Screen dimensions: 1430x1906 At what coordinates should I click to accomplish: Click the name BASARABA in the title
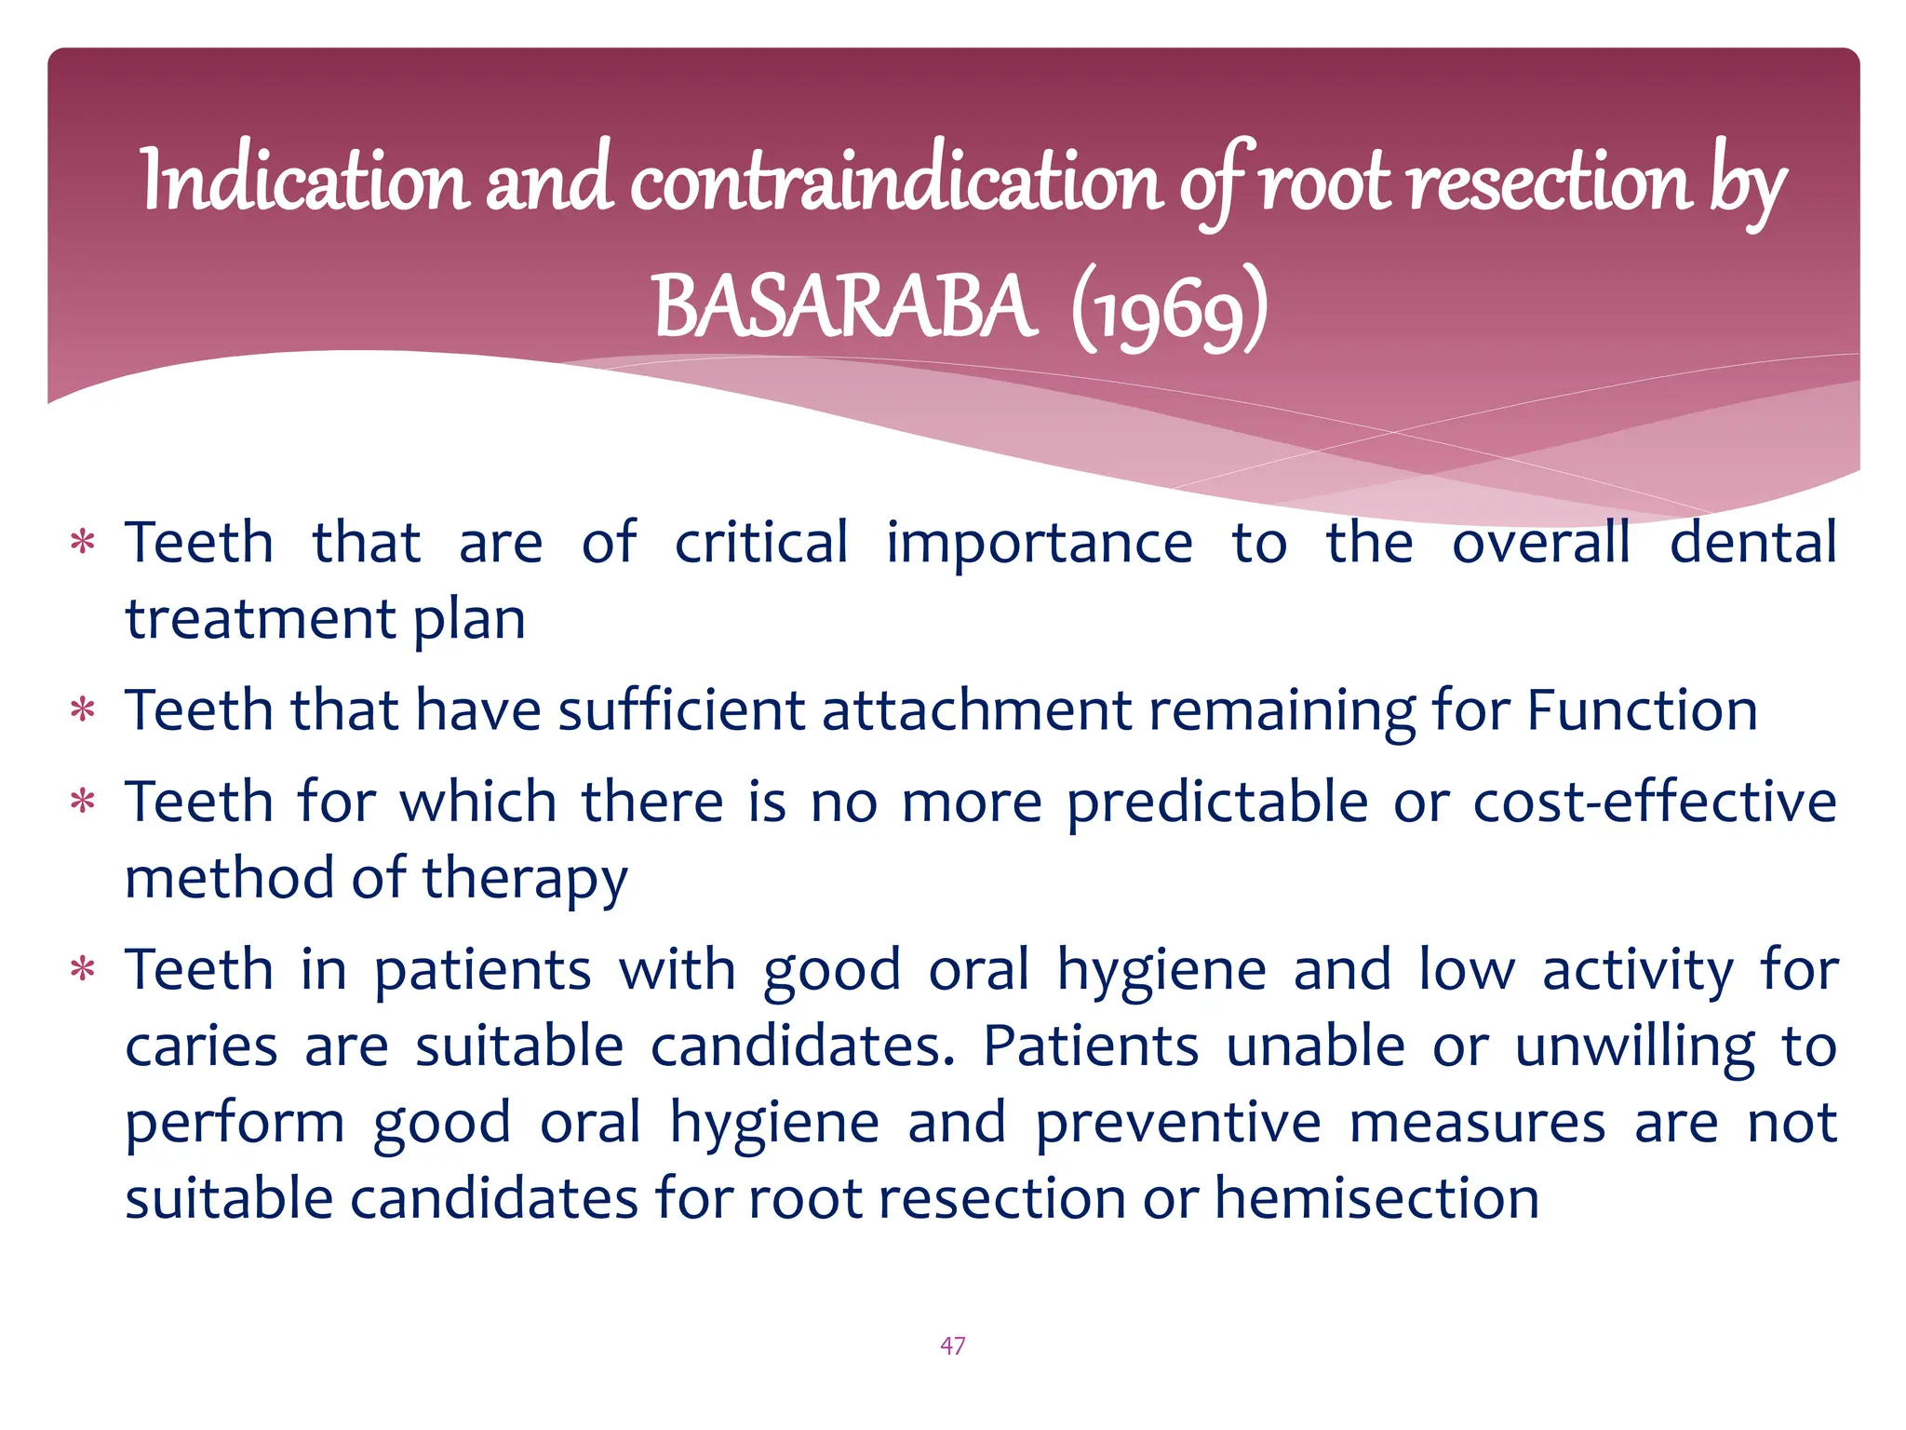[x=842, y=307]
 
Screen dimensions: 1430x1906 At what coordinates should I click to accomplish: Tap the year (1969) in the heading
[x=1169, y=309]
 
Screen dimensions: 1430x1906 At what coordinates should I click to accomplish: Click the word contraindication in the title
[x=896, y=182]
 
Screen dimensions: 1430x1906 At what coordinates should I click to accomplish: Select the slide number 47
[x=952, y=1345]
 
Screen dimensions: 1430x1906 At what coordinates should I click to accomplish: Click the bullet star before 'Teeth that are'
[x=84, y=543]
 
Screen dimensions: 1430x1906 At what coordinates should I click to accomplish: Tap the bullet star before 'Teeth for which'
[x=84, y=802]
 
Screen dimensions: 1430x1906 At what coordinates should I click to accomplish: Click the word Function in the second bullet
[x=1642, y=710]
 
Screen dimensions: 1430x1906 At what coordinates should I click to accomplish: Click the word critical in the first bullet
[x=761, y=543]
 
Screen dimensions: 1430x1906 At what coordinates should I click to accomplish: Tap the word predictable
[x=1217, y=802]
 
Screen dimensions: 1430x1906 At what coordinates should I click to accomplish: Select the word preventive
[x=1177, y=1122]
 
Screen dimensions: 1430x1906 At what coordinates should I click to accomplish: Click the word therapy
[x=525, y=879]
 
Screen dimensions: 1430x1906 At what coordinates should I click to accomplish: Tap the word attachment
[x=976, y=710]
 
